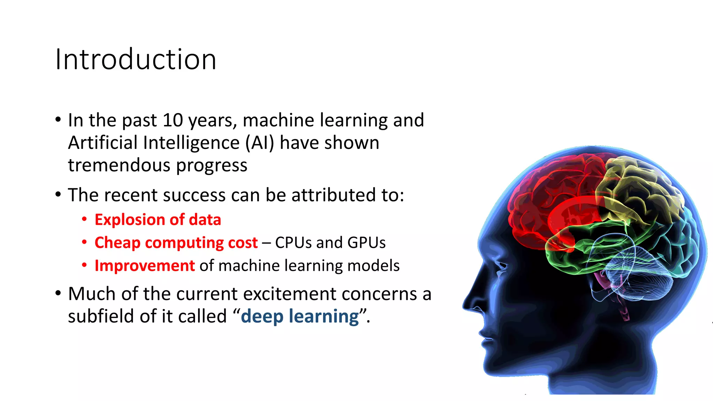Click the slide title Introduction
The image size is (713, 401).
tap(136, 59)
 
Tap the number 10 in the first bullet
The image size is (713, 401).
tap(173, 120)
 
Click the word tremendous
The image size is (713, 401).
tap(120, 165)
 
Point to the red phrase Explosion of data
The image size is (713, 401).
tap(158, 220)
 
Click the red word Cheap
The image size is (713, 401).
tap(117, 243)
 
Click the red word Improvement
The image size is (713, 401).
tap(144, 266)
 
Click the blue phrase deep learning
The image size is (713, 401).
tap(300, 316)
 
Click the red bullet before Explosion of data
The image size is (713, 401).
tap(84, 219)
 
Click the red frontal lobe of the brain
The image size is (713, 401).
tap(550, 195)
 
